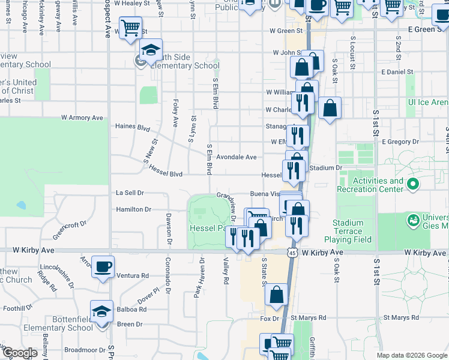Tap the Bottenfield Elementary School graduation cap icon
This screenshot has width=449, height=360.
[101, 311]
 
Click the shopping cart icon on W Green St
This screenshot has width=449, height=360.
[130, 27]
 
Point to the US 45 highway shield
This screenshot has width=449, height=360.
[292, 253]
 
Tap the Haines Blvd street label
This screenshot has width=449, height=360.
[133, 127]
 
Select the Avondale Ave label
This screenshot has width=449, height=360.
[237, 157]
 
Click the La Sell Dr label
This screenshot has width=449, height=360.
[130, 193]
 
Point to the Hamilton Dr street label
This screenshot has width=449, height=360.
[134, 209]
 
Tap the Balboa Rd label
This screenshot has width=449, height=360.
[134, 310]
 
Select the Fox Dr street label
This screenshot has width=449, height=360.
[270, 319]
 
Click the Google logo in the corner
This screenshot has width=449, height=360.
[20, 353]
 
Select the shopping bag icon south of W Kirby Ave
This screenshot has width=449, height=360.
[276, 294]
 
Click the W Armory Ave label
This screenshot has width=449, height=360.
[82, 118]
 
